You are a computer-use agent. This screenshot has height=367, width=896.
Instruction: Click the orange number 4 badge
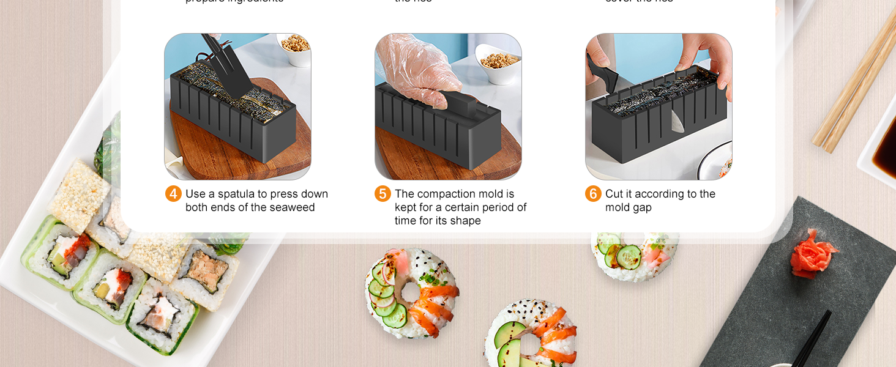(x=173, y=194)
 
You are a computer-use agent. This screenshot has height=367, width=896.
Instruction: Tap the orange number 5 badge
(x=383, y=194)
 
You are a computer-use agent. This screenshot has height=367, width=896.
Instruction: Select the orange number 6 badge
(x=593, y=194)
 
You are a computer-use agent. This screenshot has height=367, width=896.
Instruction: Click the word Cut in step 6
(x=614, y=194)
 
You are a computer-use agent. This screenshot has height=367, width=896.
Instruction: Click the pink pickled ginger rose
(x=812, y=254)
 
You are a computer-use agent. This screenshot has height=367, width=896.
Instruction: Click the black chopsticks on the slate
(x=811, y=339)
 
